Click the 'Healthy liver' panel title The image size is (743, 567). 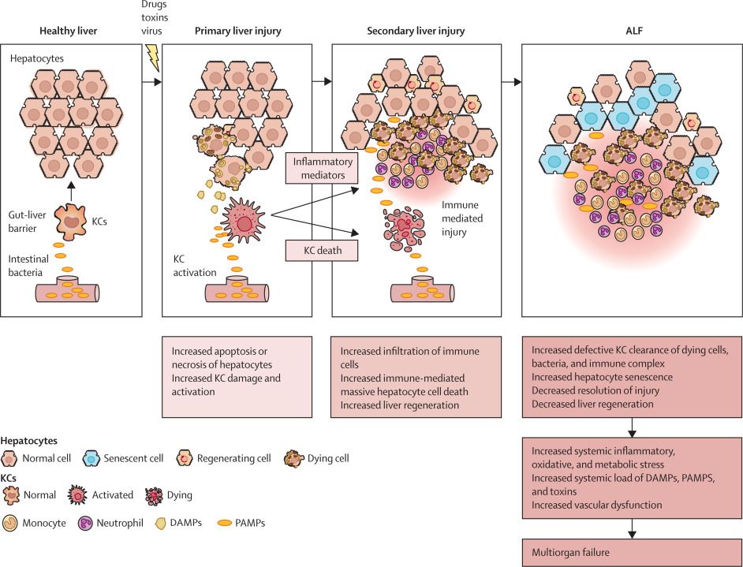point(69,32)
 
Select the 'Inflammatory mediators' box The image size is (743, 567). point(323,168)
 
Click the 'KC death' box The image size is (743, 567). point(323,250)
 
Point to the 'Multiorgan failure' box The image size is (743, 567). point(632,552)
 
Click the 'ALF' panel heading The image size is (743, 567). point(634,32)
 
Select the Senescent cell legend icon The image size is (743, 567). point(91,458)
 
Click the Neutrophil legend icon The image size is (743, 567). point(85,524)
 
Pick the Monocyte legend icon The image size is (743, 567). point(10,524)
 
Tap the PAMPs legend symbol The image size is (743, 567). point(225,523)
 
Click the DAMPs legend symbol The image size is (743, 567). point(161,524)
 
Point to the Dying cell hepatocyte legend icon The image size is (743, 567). point(293,458)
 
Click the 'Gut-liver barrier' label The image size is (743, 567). point(27,222)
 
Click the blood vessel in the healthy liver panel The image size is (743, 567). point(67,289)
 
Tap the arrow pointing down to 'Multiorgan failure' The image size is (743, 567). point(632,528)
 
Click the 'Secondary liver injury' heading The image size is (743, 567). point(416,32)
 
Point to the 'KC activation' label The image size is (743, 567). point(195,266)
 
